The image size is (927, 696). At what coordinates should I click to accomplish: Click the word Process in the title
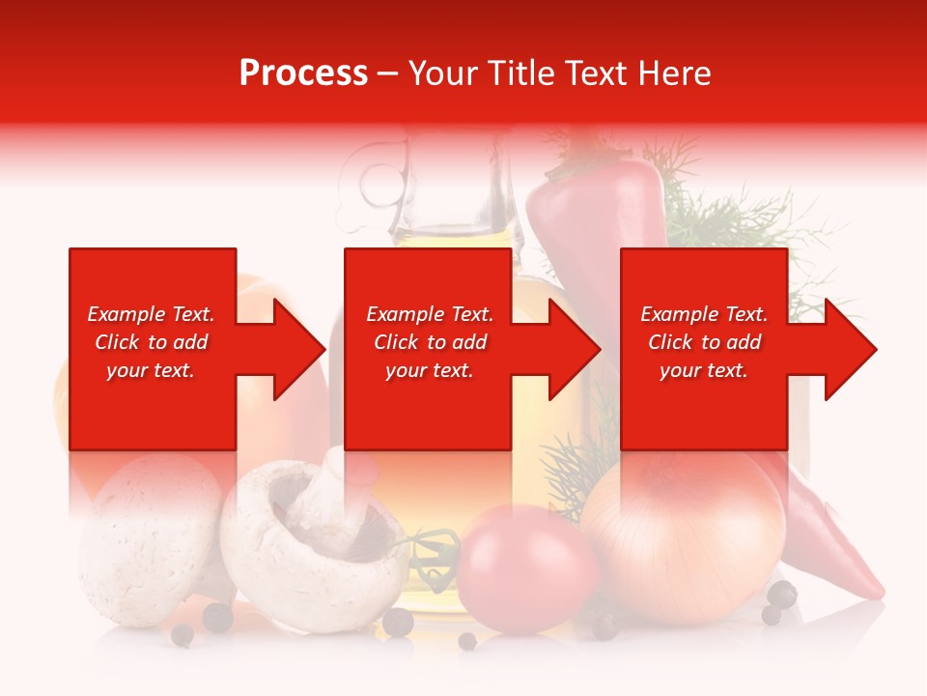coord(303,73)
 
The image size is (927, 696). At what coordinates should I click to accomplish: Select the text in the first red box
coord(151,342)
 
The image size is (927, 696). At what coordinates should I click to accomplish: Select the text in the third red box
coord(704,342)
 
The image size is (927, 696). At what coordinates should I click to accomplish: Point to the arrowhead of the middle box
coord(574,349)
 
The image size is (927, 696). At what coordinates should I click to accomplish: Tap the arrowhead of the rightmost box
coord(850,349)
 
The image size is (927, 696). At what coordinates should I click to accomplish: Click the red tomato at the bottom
coord(526,565)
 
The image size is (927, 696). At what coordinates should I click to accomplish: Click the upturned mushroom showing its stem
coord(309,541)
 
